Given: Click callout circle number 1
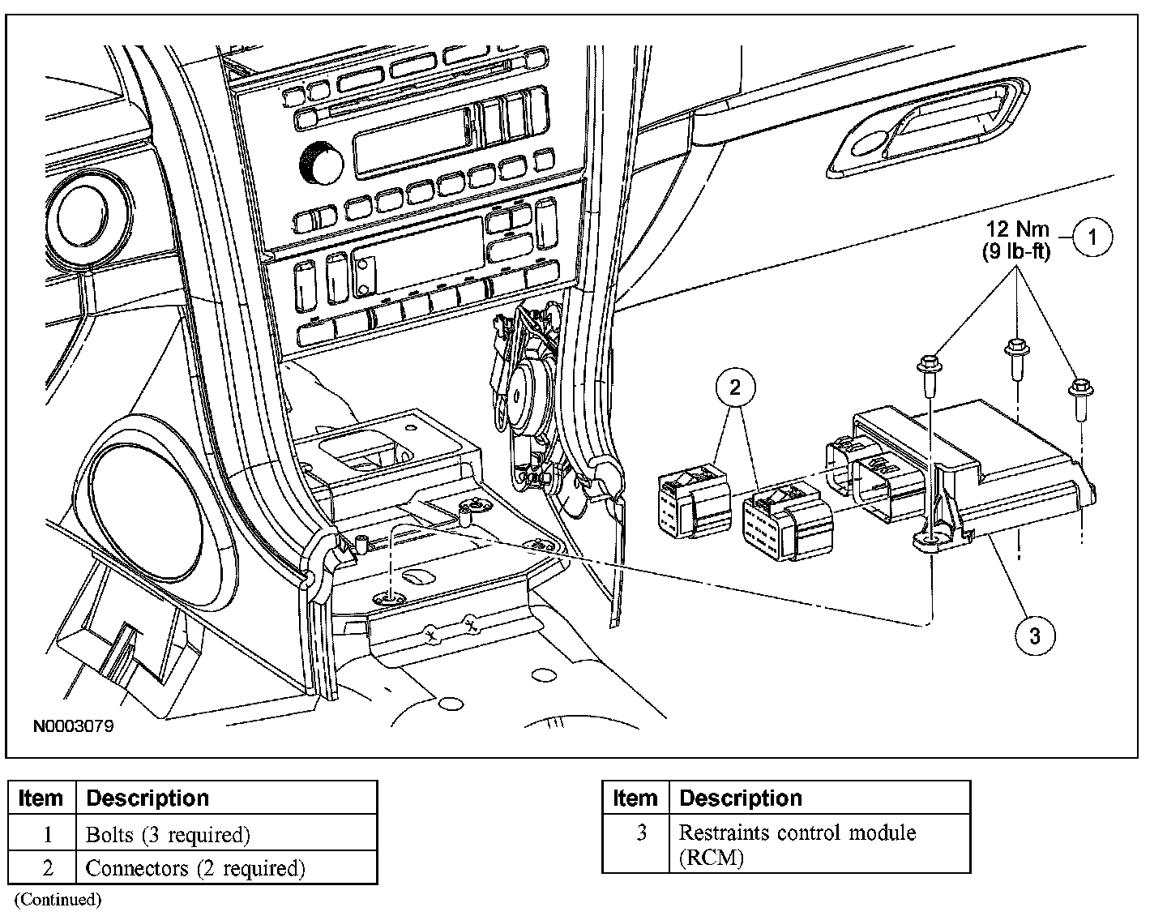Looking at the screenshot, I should coord(1092,238).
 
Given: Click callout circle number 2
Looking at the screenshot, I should coord(734,388).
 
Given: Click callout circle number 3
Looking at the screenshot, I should coord(1035,635).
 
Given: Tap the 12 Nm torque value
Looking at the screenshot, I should coord(1017,229).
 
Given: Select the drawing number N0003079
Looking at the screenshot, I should coord(73,726).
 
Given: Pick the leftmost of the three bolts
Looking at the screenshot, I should coord(929,375).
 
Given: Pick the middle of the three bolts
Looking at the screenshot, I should coord(1013,357).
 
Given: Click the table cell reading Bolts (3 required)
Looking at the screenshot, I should coord(168,834).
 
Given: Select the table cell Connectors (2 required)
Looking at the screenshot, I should coord(195,868).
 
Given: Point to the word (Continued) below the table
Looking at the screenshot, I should coord(58,899).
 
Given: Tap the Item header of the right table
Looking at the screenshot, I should coord(635,798).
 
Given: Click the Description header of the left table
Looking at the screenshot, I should coord(147,798).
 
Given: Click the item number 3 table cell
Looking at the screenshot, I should coord(641,833).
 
